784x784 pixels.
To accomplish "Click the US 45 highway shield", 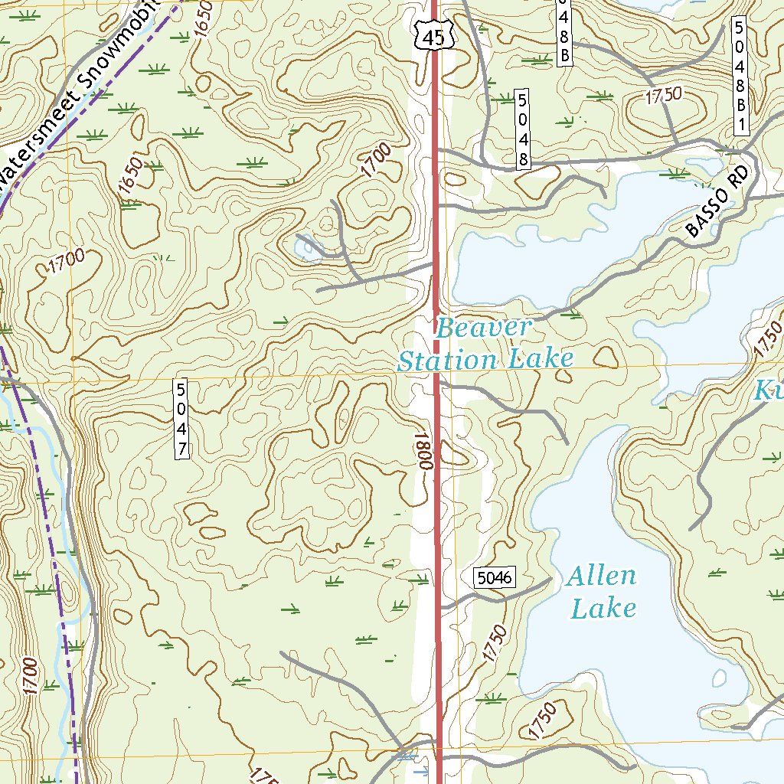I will pyautogui.click(x=432, y=34).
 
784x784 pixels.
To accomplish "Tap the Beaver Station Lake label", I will pyautogui.click(x=485, y=345).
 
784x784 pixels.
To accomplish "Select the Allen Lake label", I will pyautogui.click(x=602, y=592).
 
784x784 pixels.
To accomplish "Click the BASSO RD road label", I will pyautogui.click(x=716, y=204).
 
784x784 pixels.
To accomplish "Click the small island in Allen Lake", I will pyautogui.click(x=720, y=678).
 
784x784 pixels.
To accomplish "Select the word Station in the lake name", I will pyautogui.click(x=448, y=360).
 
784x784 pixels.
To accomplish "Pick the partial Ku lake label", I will pyautogui.click(x=769, y=391).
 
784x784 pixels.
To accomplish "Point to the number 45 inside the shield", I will pyautogui.click(x=432, y=38).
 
